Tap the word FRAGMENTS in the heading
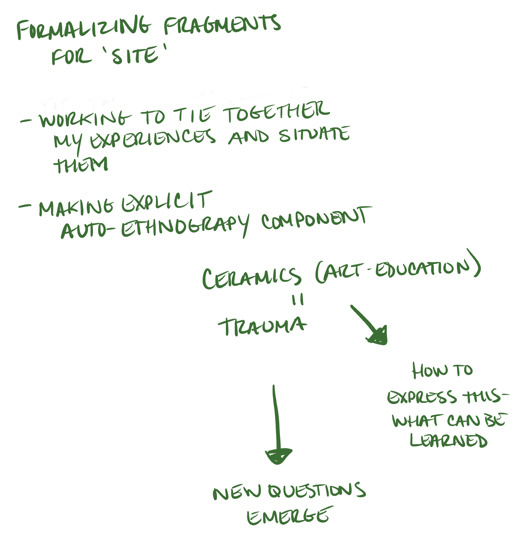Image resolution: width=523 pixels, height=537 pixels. [x=222, y=25]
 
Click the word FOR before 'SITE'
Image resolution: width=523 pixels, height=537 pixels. [x=71, y=57]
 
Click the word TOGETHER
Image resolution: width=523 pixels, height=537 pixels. [x=277, y=111]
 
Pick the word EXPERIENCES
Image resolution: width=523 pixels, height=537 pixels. [x=152, y=139]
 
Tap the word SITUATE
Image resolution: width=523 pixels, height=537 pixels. [x=315, y=135]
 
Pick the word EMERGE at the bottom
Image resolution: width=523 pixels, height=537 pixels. [x=288, y=516]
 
